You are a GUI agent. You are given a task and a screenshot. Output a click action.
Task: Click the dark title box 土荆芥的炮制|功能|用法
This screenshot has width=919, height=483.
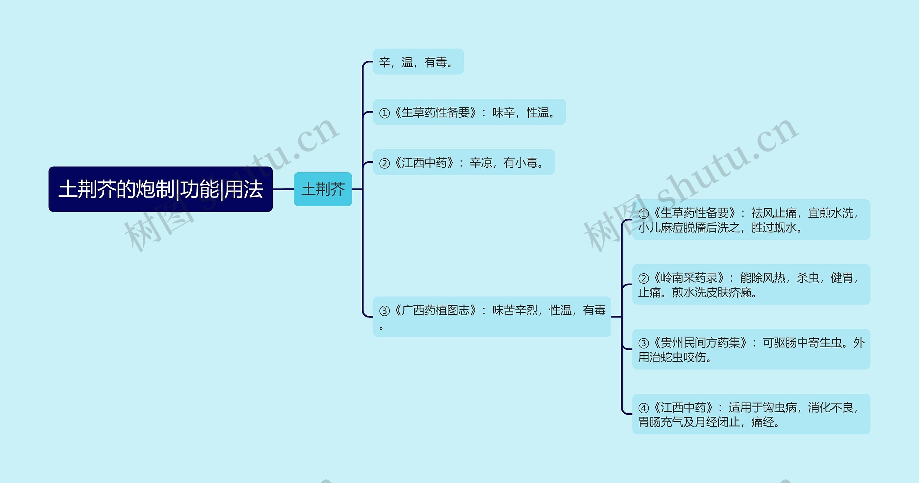pos(160,189)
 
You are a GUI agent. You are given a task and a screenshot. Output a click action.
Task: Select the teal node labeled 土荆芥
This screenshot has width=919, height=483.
pos(323,189)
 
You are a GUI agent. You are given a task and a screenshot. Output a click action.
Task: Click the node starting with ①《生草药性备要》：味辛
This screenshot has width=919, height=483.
pos(469,112)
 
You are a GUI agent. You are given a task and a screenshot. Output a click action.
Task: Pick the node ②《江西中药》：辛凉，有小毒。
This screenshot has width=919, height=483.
pos(463,162)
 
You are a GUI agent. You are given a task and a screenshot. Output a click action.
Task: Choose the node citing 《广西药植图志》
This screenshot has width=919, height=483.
pos(492,316)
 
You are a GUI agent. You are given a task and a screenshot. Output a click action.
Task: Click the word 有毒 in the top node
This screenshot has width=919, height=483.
pos(435,62)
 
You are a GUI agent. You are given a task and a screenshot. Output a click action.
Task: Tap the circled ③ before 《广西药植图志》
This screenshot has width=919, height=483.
pos(384,311)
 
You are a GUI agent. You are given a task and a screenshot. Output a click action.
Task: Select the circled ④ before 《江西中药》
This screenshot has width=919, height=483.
pos(643,408)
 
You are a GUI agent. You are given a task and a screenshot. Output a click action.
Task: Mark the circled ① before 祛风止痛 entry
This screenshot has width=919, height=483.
pos(643,214)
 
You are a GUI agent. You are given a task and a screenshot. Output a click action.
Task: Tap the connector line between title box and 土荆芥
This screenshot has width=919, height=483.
pos(283,189)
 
